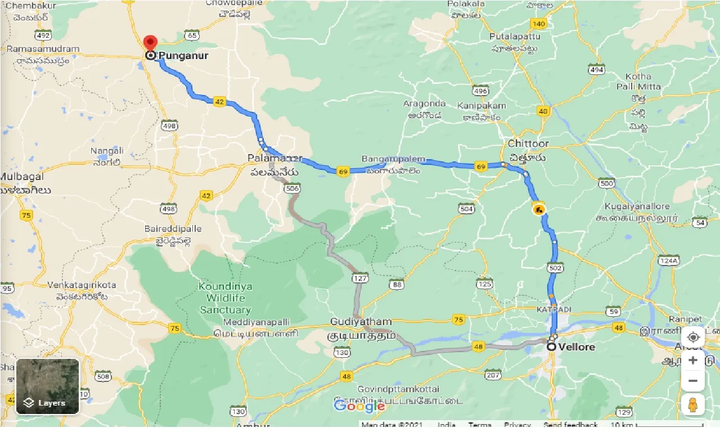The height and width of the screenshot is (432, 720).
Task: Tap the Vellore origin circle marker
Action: [x=552, y=347]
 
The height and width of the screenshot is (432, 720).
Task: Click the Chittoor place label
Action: [x=528, y=143]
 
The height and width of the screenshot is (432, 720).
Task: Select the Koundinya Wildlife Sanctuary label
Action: [x=226, y=298]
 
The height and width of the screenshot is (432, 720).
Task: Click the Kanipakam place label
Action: [x=481, y=106]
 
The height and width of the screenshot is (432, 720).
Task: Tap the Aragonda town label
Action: [x=424, y=103]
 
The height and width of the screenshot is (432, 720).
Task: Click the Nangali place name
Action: [x=107, y=151]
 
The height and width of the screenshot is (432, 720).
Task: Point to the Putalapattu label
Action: [x=515, y=37]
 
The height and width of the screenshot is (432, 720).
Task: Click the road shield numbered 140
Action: [x=538, y=24]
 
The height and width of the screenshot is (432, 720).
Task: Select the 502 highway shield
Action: [x=555, y=268]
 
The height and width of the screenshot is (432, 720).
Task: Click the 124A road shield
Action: [x=668, y=260]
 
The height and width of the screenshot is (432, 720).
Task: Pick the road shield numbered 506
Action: [x=292, y=188]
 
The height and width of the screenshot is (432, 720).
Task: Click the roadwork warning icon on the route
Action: [x=539, y=210]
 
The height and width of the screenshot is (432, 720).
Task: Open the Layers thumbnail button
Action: [x=48, y=386]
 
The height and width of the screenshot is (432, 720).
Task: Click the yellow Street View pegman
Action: [x=693, y=405]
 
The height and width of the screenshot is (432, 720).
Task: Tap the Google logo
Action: [x=359, y=406]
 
